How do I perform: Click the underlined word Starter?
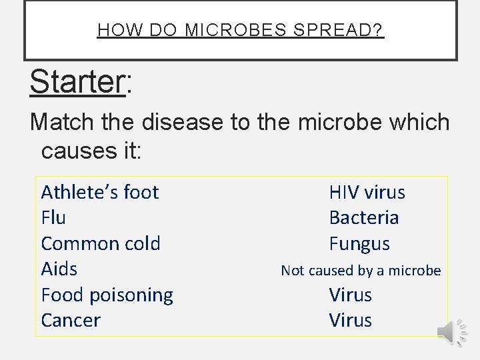[77, 82]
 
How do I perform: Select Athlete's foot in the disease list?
[100, 192]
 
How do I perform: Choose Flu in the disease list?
[53, 217]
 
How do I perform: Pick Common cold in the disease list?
[101, 243]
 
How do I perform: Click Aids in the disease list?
[59, 269]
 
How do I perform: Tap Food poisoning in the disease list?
[107, 295]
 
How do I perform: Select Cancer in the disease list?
[71, 320]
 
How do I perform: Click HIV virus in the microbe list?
[367, 192]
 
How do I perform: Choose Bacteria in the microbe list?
[364, 217]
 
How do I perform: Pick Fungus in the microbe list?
[359, 243]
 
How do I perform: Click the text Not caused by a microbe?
[361, 270]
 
